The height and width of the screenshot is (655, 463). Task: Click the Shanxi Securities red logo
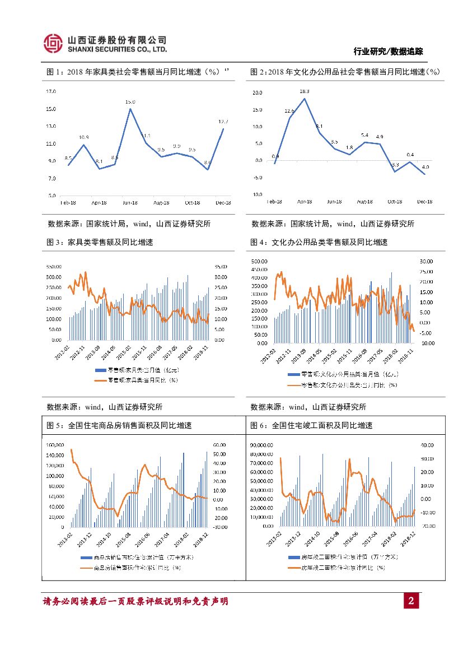pos(53,43)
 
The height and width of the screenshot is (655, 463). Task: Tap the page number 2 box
pos(411,602)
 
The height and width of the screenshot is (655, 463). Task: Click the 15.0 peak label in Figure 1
pos(130,102)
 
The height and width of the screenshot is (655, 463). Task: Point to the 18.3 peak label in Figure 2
pos(305,91)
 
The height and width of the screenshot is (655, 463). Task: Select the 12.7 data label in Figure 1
pos(223,122)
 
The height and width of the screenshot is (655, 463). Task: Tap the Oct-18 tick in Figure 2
pos(395,201)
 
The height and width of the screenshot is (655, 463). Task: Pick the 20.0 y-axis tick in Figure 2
pos(257,93)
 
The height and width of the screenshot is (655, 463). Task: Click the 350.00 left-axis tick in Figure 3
pos(54,267)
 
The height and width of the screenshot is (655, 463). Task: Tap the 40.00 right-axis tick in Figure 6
pos(427,445)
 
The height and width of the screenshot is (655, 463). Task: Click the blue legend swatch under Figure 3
pos(100,370)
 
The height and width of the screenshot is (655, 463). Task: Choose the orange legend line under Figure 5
pos(86,567)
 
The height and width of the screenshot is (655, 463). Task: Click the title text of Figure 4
pos(319,243)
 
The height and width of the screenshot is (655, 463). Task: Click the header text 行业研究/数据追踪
pos(388,52)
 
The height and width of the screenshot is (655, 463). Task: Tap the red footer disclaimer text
pos(135,602)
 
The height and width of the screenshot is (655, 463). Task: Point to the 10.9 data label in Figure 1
pos(83,137)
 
